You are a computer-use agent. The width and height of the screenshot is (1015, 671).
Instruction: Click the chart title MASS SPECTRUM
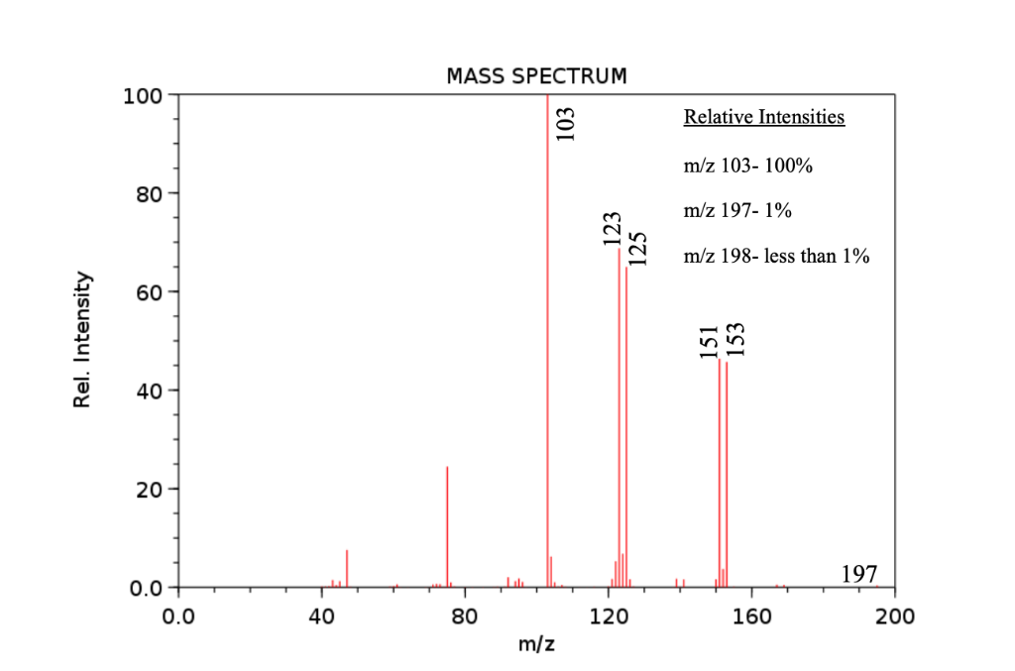[x=536, y=76]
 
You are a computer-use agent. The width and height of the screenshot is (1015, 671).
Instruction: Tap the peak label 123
[x=612, y=228]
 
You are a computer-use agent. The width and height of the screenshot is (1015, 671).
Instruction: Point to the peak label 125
[x=638, y=248]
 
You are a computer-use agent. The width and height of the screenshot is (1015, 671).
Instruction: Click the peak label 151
[x=708, y=340]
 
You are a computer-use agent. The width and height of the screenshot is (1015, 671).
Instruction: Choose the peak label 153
[x=735, y=340]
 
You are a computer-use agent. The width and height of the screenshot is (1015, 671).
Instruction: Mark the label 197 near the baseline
[x=858, y=574]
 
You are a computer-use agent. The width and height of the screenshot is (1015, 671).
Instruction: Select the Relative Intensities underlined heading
[x=764, y=118]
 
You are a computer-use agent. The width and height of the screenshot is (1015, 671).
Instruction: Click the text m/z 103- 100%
[x=748, y=166]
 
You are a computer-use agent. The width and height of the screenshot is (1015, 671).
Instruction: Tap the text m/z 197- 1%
[x=737, y=211]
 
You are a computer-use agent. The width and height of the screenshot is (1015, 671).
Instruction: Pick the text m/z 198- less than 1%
[x=776, y=257]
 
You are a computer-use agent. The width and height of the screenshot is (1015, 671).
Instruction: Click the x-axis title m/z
[x=536, y=645]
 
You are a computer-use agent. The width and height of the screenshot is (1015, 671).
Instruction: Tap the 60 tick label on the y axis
[x=150, y=292]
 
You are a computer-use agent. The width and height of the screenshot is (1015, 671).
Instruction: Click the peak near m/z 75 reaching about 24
[x=447, y=525]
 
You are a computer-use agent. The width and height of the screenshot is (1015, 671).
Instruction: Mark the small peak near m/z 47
[x=347, y=568]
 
